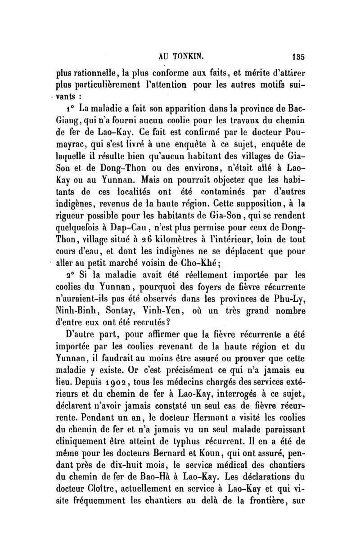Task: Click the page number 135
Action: click(298, 57)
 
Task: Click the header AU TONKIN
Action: click(179, 57)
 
